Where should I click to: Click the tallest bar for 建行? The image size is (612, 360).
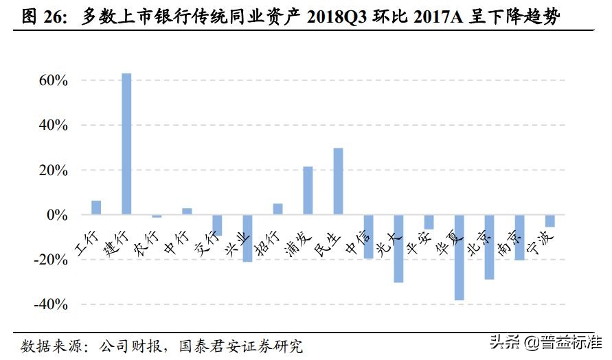(x=126, y=144)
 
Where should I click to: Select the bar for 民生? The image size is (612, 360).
(x=338, y=181)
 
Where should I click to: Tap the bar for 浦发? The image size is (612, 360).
(x=308, y=191)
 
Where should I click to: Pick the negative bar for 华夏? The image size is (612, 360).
(x=459, y=258)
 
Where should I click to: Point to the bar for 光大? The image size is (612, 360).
(x=398, y=249)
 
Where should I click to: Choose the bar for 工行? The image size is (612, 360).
(x=96, y=208)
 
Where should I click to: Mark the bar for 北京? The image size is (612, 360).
(x=489, y=247)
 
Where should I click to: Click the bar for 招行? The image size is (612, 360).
(x=277, y=210)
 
